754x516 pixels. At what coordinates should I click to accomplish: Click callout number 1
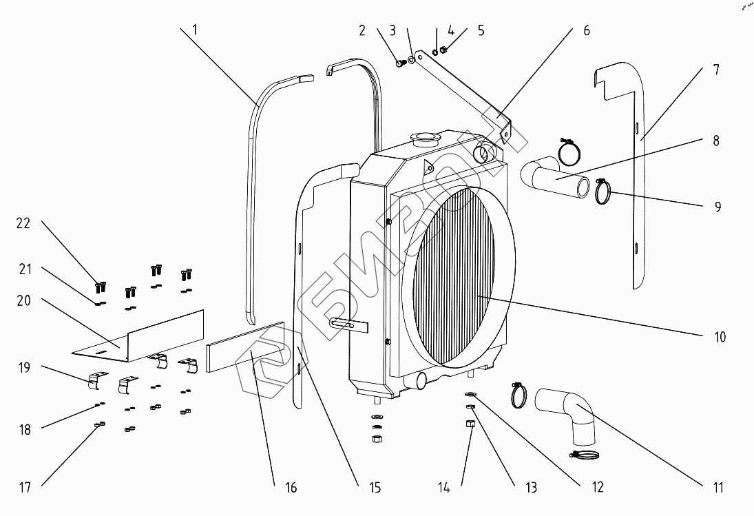pos(194,30)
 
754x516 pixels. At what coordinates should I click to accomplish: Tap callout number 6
pos(585,30)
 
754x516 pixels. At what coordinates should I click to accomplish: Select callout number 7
pos(716,70)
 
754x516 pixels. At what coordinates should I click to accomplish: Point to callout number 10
pos(719,338)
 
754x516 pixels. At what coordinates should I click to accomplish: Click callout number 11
pos(718,488)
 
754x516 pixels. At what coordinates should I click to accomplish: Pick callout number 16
pos(291,488)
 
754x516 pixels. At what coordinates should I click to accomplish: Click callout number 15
pos(375,488)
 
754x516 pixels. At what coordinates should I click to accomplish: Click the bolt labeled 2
pos(400,63)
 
